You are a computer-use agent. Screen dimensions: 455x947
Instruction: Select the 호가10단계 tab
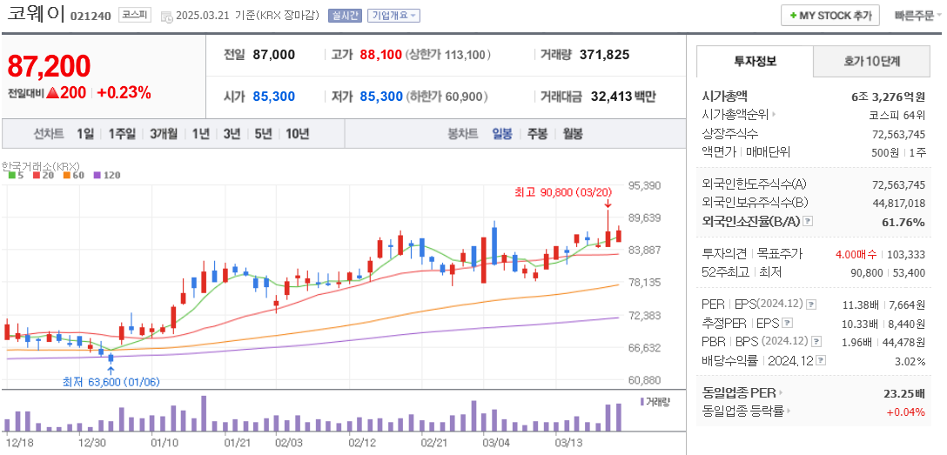pos(871,62)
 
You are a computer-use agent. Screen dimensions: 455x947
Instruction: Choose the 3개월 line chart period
pos(164,134)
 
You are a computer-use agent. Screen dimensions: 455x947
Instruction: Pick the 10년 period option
pos(297,134)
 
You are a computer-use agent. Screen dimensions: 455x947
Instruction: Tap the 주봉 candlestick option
pos(537,134)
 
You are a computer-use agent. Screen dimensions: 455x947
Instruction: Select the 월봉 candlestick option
pos(572,134)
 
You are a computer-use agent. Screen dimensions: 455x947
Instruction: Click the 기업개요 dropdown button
pos(393,16)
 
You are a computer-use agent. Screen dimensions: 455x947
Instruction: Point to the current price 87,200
pos(50,66)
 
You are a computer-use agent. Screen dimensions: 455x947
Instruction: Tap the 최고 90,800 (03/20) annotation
pos(563,192)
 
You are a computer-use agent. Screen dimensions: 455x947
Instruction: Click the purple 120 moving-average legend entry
pos(107,176)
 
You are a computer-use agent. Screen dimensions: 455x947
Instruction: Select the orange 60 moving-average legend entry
pos(74,176)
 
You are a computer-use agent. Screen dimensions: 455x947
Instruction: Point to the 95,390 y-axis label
pos(644,185)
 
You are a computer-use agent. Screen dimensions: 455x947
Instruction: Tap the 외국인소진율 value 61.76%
pos(905,222)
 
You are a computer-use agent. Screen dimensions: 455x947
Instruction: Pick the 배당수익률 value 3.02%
pos(910,361)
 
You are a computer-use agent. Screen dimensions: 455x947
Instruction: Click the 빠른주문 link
pos(913,16)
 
